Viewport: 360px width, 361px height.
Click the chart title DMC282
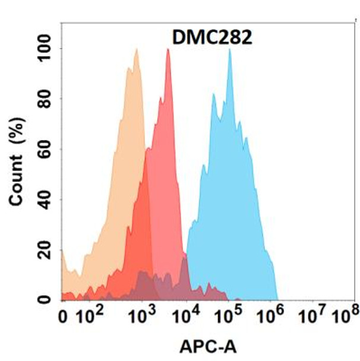pyautogui.click(x=212, y=38)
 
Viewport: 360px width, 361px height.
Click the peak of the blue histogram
pyautogui.click(x=229, y=50)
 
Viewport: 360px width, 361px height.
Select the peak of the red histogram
pyautogui.click(x=168, y=50)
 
